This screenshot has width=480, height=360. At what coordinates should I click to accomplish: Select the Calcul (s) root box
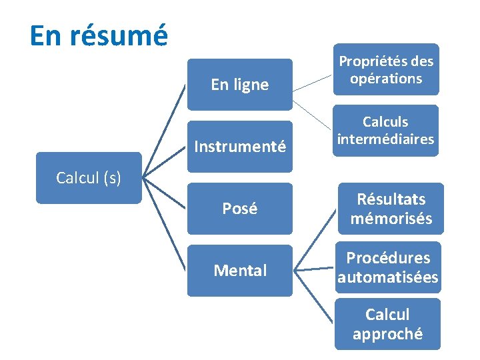(89, 178)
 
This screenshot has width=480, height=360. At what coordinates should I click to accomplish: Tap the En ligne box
(239, 85)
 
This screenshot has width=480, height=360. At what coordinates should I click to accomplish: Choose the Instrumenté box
(239, 146)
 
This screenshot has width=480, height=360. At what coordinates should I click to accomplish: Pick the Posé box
(239, 209)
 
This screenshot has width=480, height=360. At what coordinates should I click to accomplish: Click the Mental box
(239, 271)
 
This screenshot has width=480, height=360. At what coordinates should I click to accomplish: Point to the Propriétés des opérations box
(386, 69)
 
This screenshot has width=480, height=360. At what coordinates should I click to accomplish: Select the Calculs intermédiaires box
(386, 131)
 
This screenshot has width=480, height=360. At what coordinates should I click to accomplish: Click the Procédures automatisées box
(388, 267)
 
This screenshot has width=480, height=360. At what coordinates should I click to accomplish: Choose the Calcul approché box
(387, 324)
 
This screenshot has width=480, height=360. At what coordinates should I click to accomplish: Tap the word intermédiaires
(386, 139)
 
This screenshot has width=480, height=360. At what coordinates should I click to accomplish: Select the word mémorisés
(391, 218)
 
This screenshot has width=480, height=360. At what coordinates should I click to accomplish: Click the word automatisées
(388, 277)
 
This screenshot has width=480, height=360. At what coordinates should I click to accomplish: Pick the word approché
(387, 333)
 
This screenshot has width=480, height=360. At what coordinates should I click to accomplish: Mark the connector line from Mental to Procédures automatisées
(314, 269)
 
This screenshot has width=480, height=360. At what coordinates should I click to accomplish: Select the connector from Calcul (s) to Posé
(165, 193)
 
